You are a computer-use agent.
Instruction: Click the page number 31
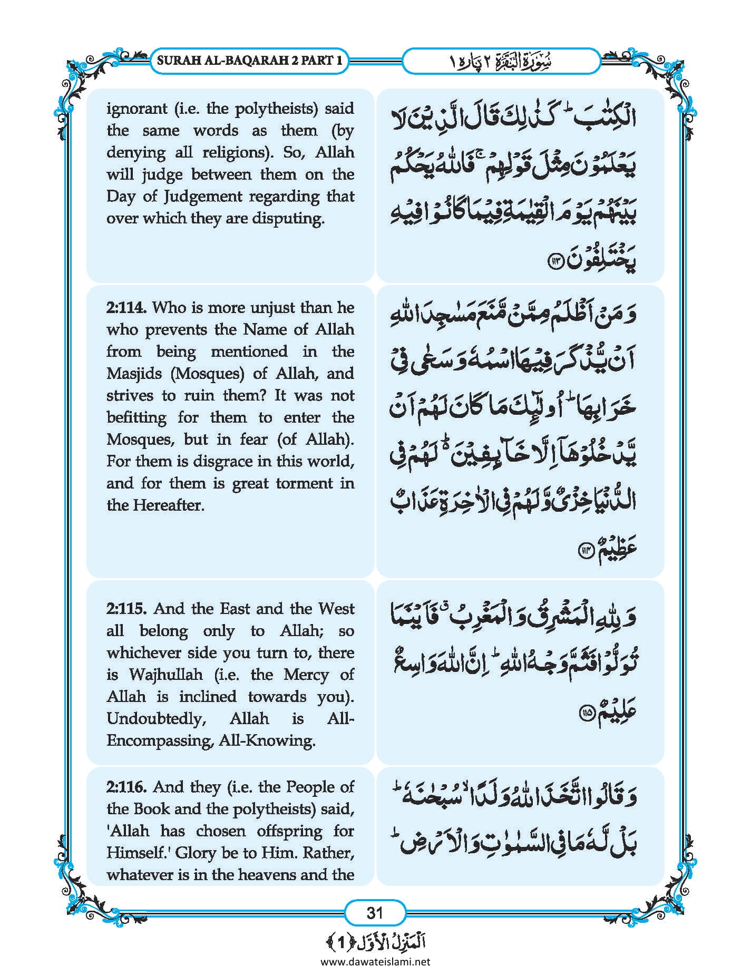tap(375, 912)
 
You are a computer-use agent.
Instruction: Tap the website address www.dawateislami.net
tap(375, 961)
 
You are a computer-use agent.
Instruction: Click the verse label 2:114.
tap(126, 307)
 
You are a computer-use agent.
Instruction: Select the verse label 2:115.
tap(127, 609)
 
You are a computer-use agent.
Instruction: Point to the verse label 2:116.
tap(126, 787)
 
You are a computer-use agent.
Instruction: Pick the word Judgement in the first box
tap(203, 197)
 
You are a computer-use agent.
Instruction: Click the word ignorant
tap(136, 109)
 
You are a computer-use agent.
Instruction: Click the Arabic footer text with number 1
tap(375, 941)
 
